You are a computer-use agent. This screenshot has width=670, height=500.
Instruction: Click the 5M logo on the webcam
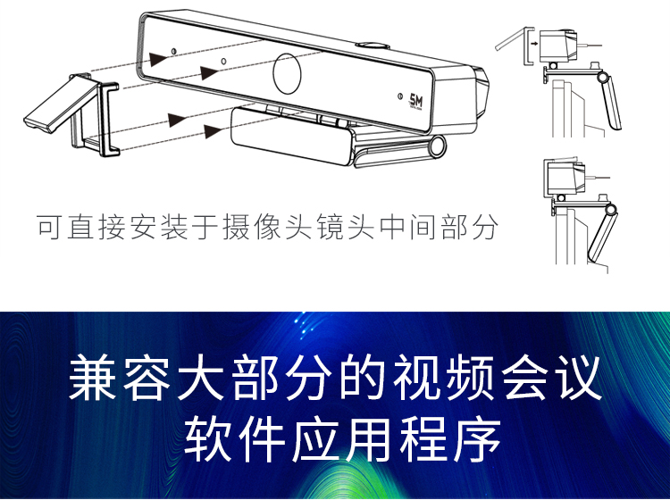tap(415, 101)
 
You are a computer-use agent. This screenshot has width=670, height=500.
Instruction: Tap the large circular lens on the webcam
tap(287, 73)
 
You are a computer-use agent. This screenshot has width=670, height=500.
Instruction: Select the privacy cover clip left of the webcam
tap(71, 114)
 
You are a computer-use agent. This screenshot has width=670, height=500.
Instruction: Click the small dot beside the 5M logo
tap(400, 96)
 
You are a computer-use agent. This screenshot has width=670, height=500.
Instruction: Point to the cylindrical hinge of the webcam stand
tap(438, 146)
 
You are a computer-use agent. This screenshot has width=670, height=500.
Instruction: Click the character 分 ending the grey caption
tap(485, 227)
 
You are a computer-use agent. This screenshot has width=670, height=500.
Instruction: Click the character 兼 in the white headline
tap(92, 378)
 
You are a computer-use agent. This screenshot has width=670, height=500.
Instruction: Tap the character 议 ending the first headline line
tap(579, 378)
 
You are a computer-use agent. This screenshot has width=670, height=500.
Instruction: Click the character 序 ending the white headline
tap(478, 440)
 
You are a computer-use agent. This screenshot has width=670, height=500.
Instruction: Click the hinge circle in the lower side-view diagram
tap(611, 210)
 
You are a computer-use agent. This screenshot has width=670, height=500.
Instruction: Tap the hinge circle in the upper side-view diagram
tap(602, 78)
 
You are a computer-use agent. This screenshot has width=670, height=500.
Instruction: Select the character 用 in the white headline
tap(370, 440)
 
